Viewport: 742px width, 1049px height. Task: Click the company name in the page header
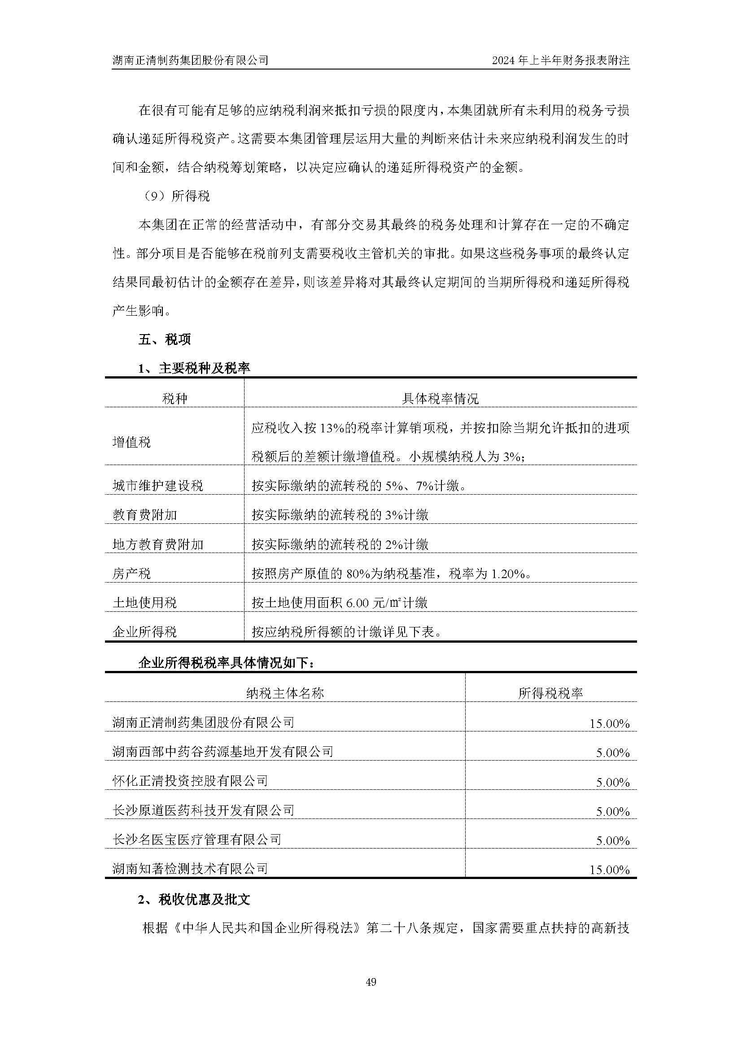click(190, 60)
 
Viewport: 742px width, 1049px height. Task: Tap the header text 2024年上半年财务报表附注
click(561, 60)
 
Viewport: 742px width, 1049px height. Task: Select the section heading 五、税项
click(165, 340)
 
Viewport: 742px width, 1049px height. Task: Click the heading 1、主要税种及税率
click(194, 368)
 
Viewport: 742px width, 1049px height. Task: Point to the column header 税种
click(175, 398)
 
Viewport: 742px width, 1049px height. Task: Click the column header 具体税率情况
click(440, 398)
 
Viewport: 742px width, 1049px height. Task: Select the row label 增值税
click(131, 442)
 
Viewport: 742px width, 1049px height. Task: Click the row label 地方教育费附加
click(157, 544)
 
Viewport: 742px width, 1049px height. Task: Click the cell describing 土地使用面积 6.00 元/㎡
click(340, 603)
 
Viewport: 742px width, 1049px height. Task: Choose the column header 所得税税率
click(550, 693)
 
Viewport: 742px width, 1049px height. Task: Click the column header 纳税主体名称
click(285, 693)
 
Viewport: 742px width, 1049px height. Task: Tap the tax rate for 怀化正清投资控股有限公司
click(612, 782)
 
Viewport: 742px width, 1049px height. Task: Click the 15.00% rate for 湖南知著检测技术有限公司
click(609, 870)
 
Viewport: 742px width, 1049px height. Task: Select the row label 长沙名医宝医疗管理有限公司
click(196, 839)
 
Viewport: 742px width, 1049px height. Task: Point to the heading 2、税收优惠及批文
click(194, 900)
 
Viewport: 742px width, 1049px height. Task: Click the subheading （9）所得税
click(175, 196)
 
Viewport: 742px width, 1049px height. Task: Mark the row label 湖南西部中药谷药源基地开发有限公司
click(223, 752)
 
